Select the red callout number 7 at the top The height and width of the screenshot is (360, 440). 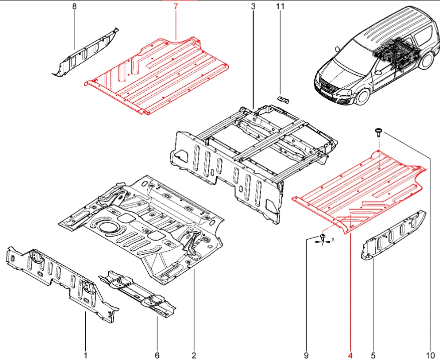pos(175,7)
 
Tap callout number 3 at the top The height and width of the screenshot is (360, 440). pos(253,7)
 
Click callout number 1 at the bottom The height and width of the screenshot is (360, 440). pos(85,355)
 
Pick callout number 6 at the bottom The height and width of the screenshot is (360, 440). pos(157,355)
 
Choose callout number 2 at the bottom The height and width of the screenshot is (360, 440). pos(193,355)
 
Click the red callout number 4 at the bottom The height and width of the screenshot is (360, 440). pos(350,355)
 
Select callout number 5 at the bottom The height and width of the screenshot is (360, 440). pos(373,355)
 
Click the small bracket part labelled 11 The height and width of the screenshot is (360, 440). pos(284,99)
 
